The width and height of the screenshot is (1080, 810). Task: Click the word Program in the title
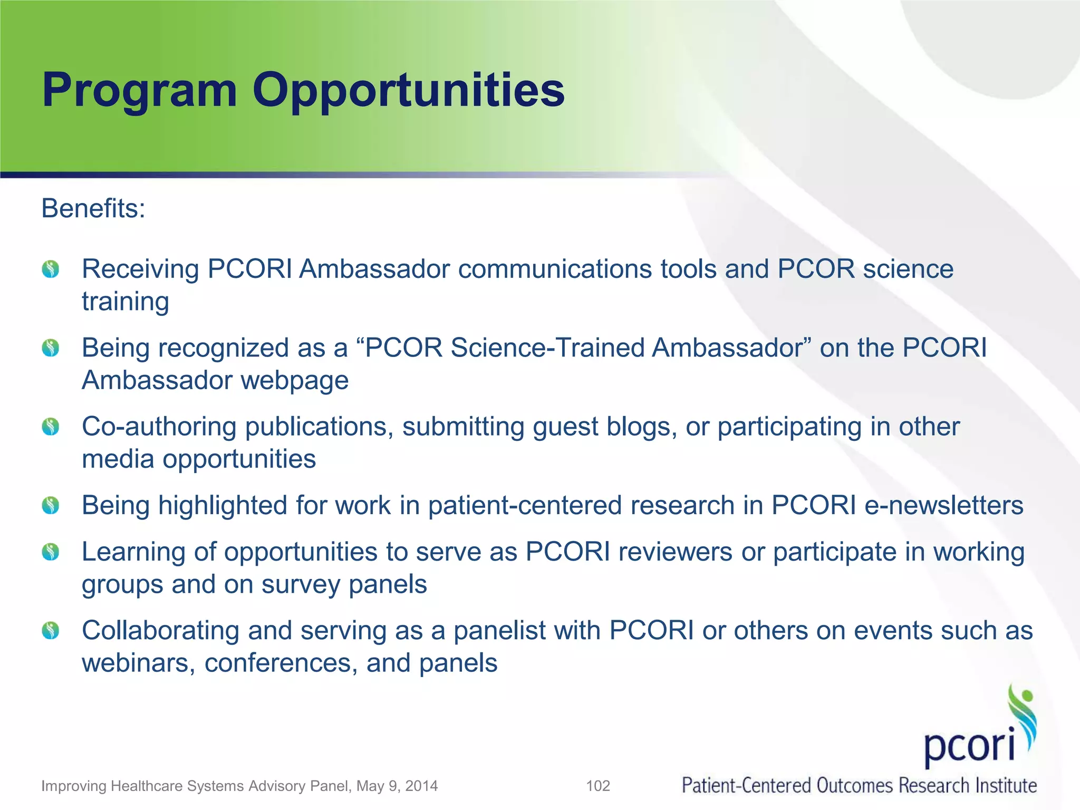(139, 91)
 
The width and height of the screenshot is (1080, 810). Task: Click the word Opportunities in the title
(408, 91)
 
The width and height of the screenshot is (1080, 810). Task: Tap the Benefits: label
(93, 208)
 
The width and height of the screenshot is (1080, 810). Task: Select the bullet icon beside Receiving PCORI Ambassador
(51, 269)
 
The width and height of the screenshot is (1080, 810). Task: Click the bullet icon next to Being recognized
(51, 348)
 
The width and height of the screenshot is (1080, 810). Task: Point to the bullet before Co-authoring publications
(51, 427)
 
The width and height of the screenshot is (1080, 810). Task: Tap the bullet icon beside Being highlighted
(51, 505)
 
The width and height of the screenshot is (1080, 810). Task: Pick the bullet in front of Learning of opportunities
(51, 552)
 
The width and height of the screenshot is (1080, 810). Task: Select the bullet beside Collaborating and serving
(51, 630)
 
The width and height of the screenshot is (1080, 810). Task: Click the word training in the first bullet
(126, 302)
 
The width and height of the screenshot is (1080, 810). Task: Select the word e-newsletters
(943, 505)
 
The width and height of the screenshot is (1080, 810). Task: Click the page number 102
(598, 786)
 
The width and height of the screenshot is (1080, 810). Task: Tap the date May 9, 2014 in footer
(397, 786)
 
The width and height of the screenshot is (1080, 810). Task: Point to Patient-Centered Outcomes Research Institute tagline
(859, 785)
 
